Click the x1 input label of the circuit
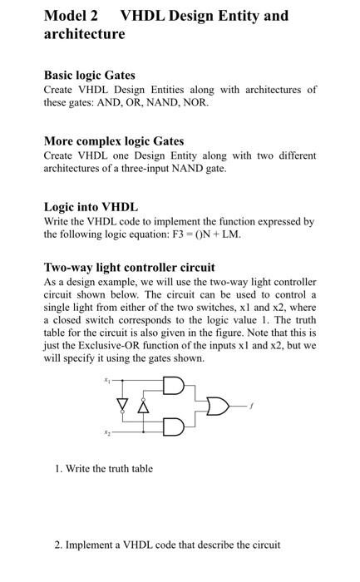106,378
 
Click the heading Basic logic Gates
89,76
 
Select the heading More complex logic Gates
114,141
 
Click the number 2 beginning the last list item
57,545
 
